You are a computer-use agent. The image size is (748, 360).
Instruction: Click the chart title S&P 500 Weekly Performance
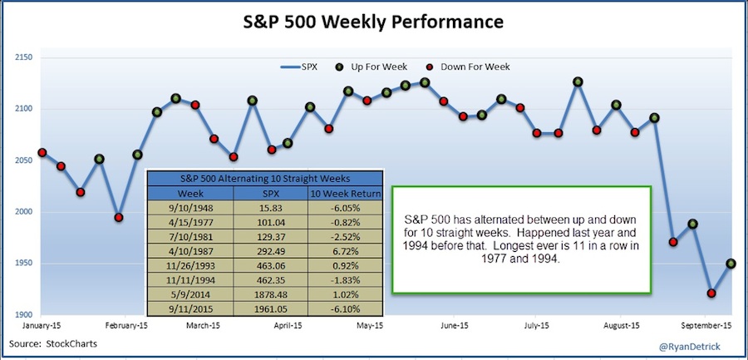pos(374,22)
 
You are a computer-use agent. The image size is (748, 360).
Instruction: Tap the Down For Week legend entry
pos(470,67)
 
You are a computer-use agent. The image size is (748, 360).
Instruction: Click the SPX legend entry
pos(298,67)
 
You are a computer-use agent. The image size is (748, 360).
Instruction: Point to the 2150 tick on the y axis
pos(23,58)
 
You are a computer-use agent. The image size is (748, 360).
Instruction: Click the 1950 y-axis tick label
pos(23,264)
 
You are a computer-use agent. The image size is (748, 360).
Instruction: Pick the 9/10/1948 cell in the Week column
pos(190,209)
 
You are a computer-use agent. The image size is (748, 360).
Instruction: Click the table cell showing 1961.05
pos(270,309)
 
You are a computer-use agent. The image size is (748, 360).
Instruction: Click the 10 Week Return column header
pos(346,194)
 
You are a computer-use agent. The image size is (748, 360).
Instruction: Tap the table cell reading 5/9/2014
pos(190,294)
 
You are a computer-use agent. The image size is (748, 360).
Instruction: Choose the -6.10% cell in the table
pos(346,309)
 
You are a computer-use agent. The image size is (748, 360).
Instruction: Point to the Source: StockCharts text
pos(53,343)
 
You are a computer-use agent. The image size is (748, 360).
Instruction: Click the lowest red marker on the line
pos(711,293)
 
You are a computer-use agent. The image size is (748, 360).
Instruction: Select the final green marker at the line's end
pos(731,264)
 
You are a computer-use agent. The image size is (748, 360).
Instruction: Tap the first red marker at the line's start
pos(42,153)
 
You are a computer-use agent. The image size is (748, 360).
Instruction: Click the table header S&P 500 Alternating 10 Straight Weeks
pos(265,179)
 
